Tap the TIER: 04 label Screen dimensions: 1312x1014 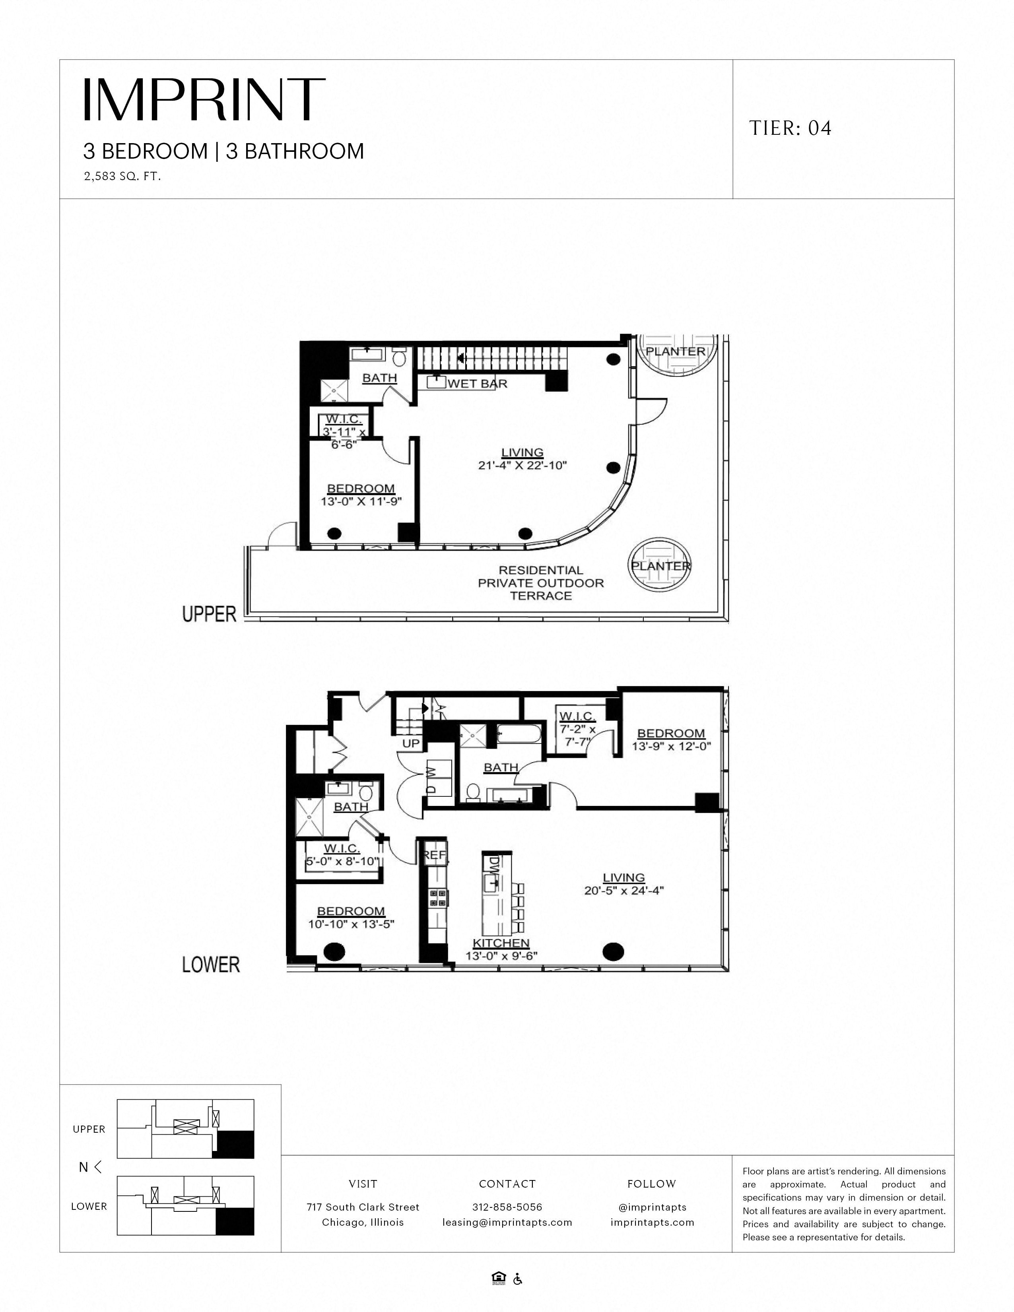[790, 128]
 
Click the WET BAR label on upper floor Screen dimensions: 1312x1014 [478, 383]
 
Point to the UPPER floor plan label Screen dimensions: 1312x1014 [210, 614]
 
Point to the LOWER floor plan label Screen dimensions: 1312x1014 [211, 964]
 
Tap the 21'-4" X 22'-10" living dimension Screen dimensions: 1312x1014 [523, 465]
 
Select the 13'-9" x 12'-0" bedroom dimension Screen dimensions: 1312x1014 [671, 746]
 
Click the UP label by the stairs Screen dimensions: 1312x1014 [411, 743]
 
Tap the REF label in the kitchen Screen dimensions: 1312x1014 [435, 854]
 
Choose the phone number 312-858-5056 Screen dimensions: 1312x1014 [507, 1207]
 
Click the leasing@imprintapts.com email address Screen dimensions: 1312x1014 [507, 1222]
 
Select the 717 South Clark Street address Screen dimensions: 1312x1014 [363, 1207]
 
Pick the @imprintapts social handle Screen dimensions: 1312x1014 [652, 1207]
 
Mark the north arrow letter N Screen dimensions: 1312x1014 [84, 1166]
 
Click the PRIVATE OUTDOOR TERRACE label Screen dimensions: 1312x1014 [541, 583]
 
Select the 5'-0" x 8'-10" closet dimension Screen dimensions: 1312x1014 [342, 861]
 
